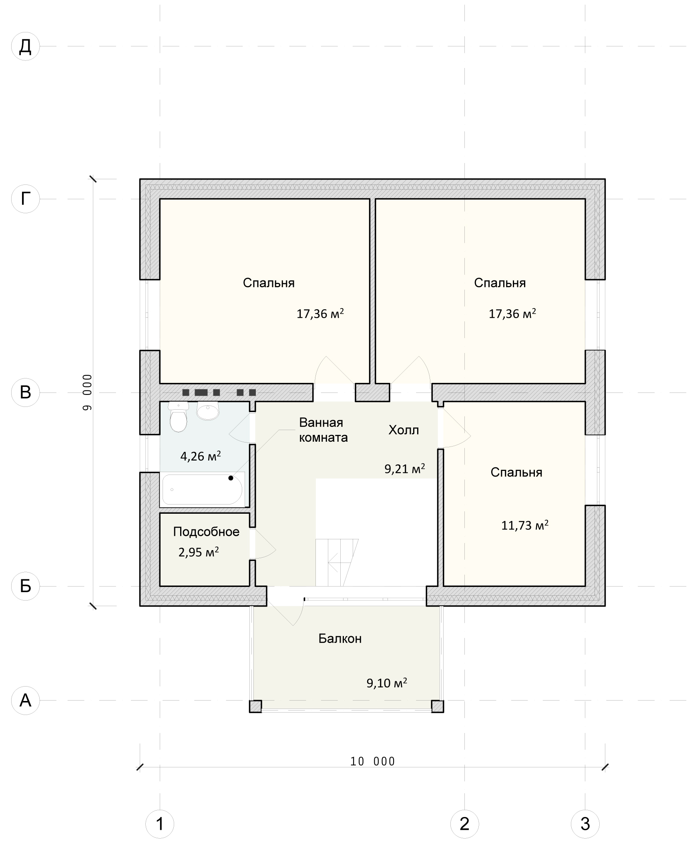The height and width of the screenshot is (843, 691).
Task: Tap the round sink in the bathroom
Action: point(208,410)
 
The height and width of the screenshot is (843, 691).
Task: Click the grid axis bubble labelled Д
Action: point(25,46)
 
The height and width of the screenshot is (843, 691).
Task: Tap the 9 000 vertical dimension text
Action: point(87,392)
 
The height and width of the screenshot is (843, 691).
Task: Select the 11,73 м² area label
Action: point(525,525)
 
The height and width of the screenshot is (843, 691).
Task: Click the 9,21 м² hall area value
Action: point(405,469)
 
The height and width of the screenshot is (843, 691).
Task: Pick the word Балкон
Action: point(340,639)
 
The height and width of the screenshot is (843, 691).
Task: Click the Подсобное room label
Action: point(206,532)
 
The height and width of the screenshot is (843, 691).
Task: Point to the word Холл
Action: point(404,430)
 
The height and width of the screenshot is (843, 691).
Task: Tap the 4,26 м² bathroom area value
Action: point(201,456)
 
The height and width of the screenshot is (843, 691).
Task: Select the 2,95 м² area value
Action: point(199,552)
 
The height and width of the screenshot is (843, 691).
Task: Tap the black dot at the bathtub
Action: point(231,478)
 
